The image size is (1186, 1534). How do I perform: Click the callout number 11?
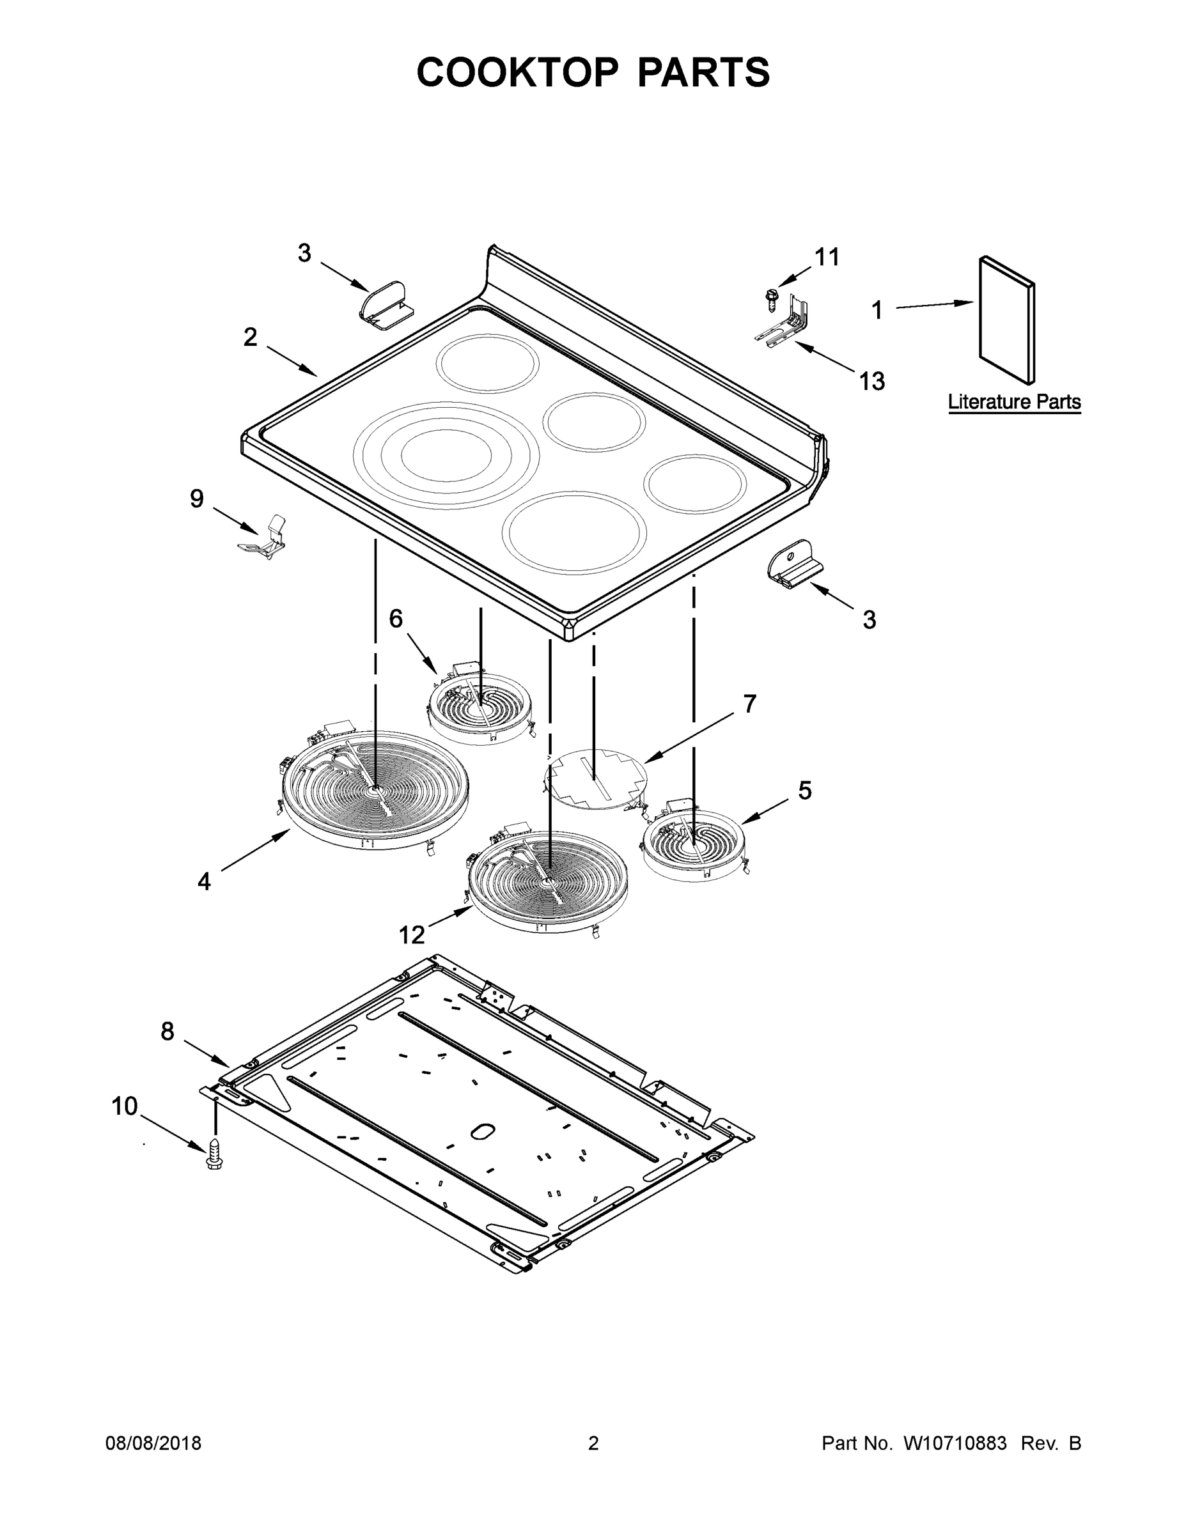(827, 257)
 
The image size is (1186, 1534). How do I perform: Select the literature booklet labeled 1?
(1006, 320)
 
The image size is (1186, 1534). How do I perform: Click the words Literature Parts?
(1014, 403)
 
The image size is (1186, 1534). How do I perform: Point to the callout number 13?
(872, 382)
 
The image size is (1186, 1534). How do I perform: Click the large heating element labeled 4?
(375, 790)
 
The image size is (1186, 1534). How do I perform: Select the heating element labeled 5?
(694, 844)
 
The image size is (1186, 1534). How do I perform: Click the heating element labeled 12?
(547, 881)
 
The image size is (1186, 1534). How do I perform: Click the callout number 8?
(168, 1031)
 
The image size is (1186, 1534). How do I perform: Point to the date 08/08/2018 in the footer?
(153, 1443)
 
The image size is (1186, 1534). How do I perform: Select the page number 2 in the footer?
(593, 1443)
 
